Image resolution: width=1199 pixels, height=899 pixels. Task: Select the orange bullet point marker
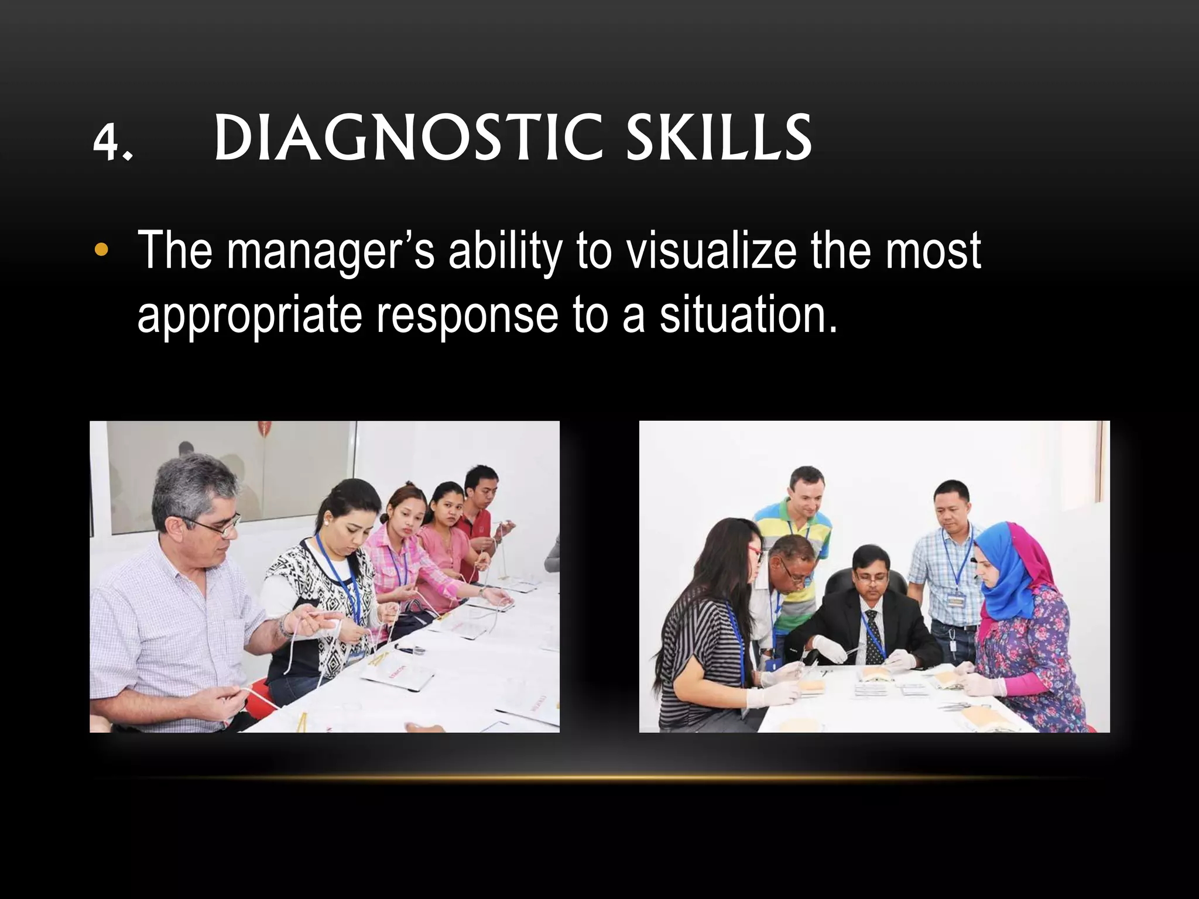click(x=101, y=251)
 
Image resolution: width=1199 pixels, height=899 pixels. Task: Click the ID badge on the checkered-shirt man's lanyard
click(x=956, y=601)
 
